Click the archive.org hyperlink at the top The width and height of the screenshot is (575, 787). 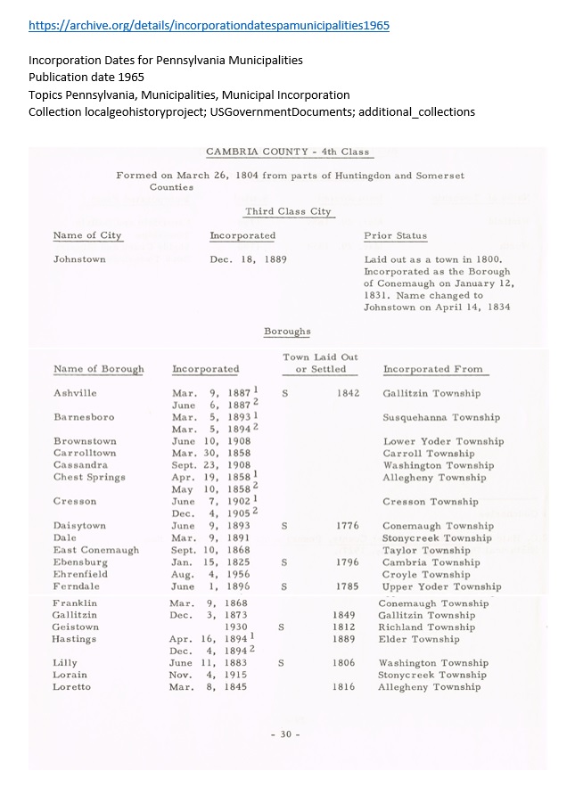209,26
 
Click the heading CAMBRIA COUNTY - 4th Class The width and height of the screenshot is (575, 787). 287,152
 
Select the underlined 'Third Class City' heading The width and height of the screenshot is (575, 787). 288,212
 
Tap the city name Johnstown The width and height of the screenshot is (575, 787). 79,259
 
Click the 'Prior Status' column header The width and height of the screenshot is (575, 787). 395,236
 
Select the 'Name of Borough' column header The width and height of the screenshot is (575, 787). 98,369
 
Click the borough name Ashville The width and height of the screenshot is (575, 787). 75,393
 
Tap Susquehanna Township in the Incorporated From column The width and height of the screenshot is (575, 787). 441,417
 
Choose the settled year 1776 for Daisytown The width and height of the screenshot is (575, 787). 348,526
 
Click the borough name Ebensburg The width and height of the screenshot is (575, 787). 80,562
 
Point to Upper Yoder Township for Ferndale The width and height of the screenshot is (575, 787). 441,586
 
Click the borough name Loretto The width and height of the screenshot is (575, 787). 71,687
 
